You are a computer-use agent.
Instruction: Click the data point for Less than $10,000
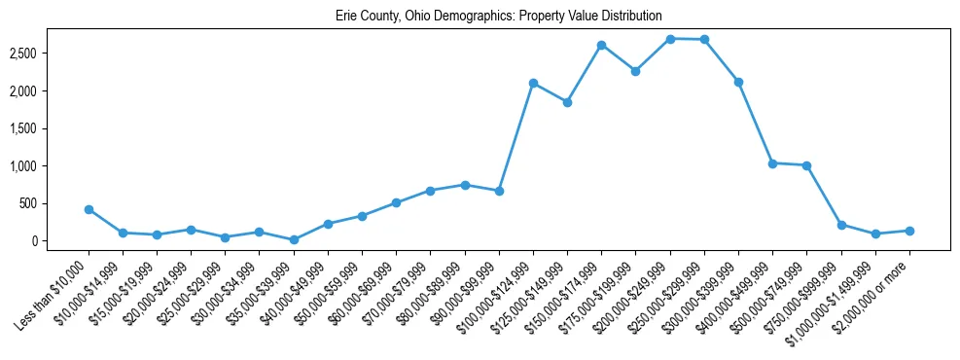[x=89, y=209]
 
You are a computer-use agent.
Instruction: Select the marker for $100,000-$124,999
[x=533, y=84]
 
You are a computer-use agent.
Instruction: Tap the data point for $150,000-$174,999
[x=601, y=45]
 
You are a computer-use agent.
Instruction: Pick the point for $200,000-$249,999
[x=670, y=39]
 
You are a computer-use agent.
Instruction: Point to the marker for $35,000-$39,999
[x=294, y=239]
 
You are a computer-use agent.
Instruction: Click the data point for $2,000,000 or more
[x=909, y=231]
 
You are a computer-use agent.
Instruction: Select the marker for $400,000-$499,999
[x=772, y=163]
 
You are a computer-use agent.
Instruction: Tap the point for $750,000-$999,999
[x=841, y=225]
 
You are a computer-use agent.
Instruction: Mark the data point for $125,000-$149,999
[x=567, y=102]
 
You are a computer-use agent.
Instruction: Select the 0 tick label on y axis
[x=60, y=241]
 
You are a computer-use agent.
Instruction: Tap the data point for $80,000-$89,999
[x=465, y=185]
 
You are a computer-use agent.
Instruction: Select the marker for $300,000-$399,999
[x=738, y=82]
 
